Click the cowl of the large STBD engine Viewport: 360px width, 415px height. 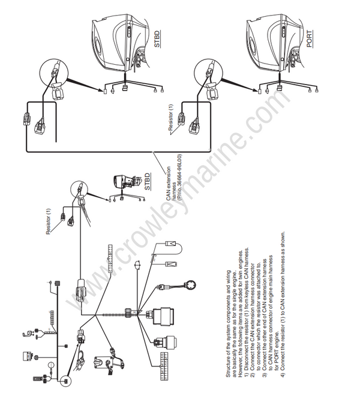pos(114,36)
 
